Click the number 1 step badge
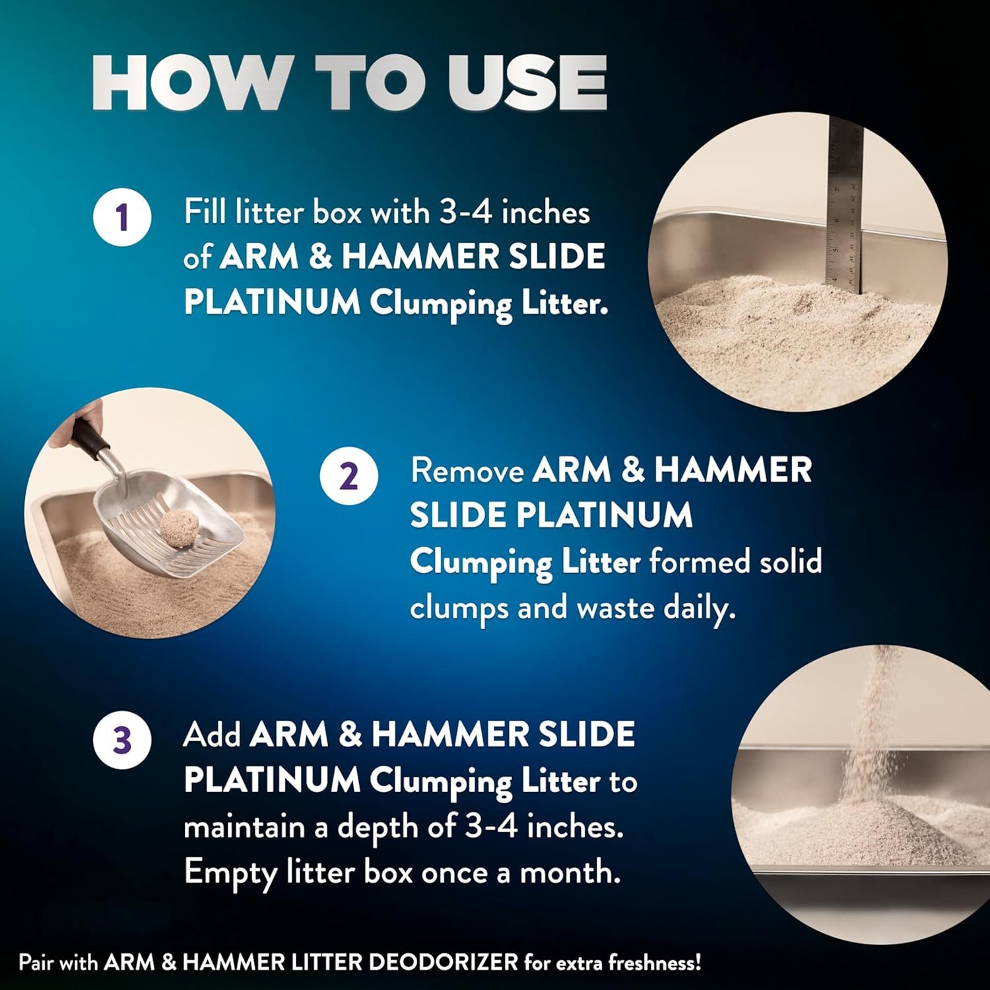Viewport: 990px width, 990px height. tap(122, 216)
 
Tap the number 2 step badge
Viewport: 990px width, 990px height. tap(349, 475)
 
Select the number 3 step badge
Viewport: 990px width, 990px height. tap(122, 739)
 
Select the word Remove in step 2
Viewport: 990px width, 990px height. tap(467, 471)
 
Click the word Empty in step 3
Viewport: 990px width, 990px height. tap(230, 874)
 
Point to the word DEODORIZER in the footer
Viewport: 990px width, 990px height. tap(442, 962)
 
